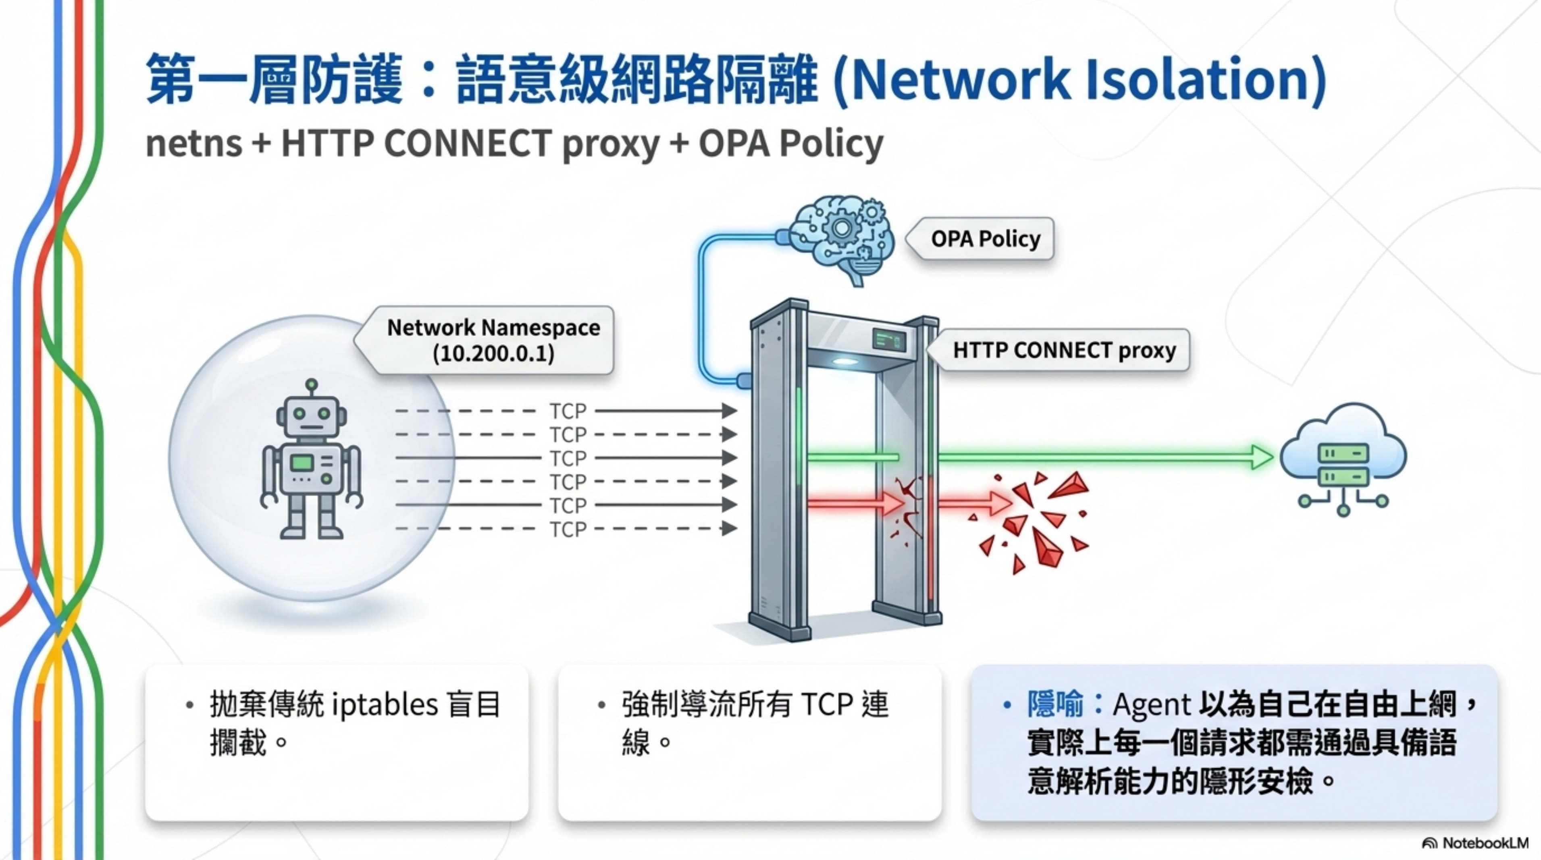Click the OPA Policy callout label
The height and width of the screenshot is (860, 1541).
[985, 239]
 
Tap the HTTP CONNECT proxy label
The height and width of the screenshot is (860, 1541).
[1064, 350]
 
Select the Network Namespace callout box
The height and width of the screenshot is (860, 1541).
[493, 340]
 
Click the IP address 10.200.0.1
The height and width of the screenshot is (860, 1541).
[493, 353]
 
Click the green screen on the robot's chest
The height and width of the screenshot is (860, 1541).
[302, 462]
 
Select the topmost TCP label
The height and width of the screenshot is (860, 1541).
[568, 411]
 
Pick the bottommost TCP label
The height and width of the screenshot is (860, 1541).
[568, 529]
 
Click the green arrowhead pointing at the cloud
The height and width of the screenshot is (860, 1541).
[1262, 457]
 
